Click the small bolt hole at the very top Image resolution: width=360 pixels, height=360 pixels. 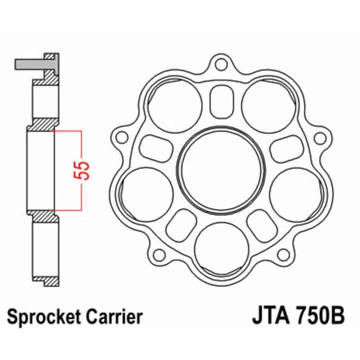220,64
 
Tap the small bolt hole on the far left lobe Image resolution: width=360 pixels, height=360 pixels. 120,136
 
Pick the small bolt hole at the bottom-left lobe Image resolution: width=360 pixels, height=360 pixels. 158,255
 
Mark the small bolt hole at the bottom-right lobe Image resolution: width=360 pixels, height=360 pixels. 282,255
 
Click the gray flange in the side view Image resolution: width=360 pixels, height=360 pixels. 31,64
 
